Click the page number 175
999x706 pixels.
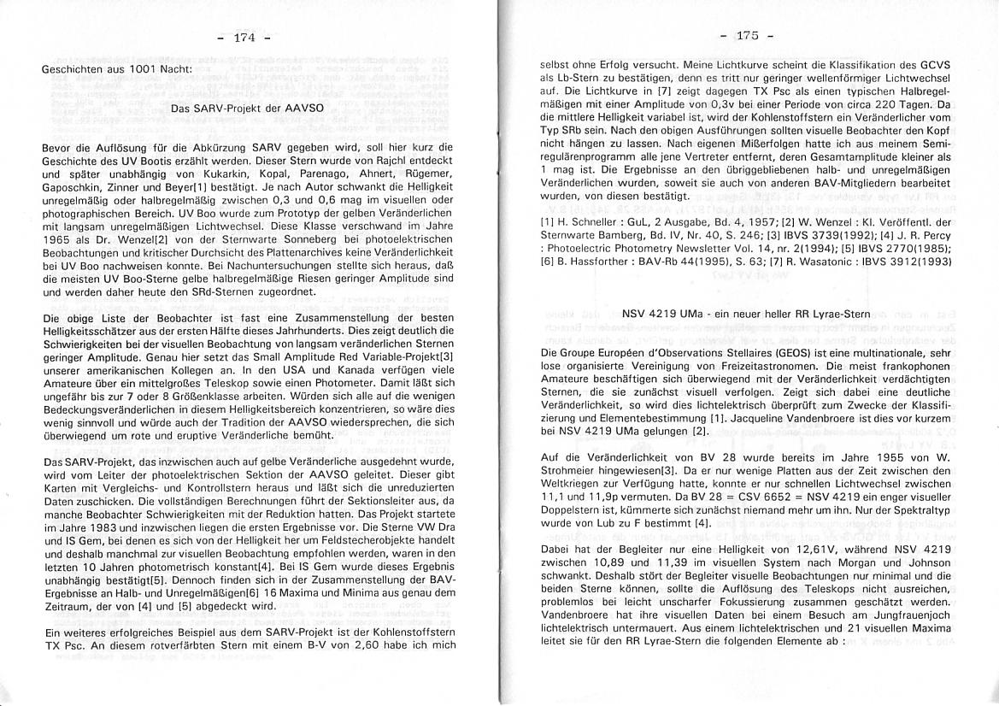747,35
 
